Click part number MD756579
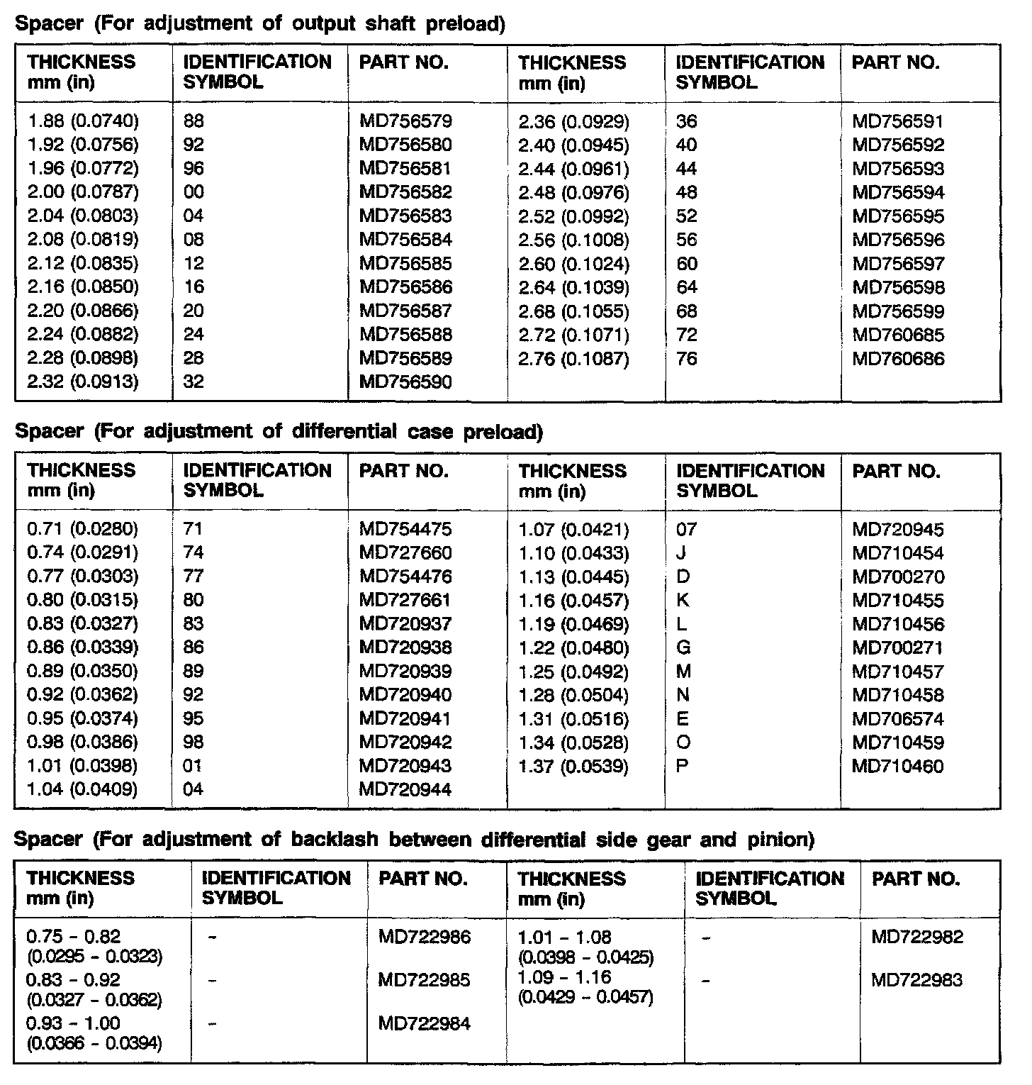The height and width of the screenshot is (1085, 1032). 405,121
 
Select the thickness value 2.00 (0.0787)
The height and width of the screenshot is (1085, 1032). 83,192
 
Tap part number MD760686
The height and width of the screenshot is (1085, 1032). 898,359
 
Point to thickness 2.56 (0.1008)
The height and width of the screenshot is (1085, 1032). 573,240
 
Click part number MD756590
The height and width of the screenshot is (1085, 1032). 405,382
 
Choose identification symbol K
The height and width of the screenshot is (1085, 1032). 683,601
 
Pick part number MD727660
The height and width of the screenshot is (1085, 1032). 405,552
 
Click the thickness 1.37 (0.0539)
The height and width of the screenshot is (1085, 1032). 573,767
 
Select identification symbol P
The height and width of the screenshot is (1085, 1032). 683,767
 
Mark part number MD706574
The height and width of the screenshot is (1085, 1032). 898,719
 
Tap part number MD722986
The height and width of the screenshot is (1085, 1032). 424,937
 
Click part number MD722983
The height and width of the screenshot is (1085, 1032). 917,981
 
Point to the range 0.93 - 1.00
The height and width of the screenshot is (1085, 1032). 73,1023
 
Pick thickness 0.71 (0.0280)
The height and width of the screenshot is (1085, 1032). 83,529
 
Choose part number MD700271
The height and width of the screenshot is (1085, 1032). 898,648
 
